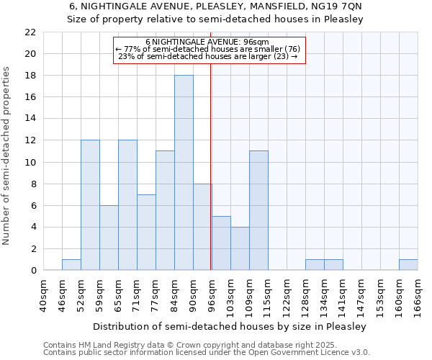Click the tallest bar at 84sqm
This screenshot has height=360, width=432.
tap(184, 173)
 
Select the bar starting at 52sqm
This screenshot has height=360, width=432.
tap(90, 205)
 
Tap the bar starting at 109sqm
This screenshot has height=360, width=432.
tap(258, 211)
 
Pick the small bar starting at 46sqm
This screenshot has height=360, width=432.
tap(71, 265)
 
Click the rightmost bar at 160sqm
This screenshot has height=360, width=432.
tap(408, 265)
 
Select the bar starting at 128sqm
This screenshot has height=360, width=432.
tap(315, 265)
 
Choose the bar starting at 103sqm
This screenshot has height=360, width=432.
tap(240, 248)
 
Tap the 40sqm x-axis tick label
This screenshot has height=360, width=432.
tap(44, 294)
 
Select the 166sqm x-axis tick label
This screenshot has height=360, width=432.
tap(418, 294)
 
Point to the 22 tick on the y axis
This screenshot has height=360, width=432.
tap(30, 32)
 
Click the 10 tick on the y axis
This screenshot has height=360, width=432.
tap(30, 162)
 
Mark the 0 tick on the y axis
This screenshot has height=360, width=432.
tap(33, 271)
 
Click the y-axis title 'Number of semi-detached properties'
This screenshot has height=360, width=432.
tap(7, 155)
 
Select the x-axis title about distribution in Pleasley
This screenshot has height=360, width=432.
tap(230, 326)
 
